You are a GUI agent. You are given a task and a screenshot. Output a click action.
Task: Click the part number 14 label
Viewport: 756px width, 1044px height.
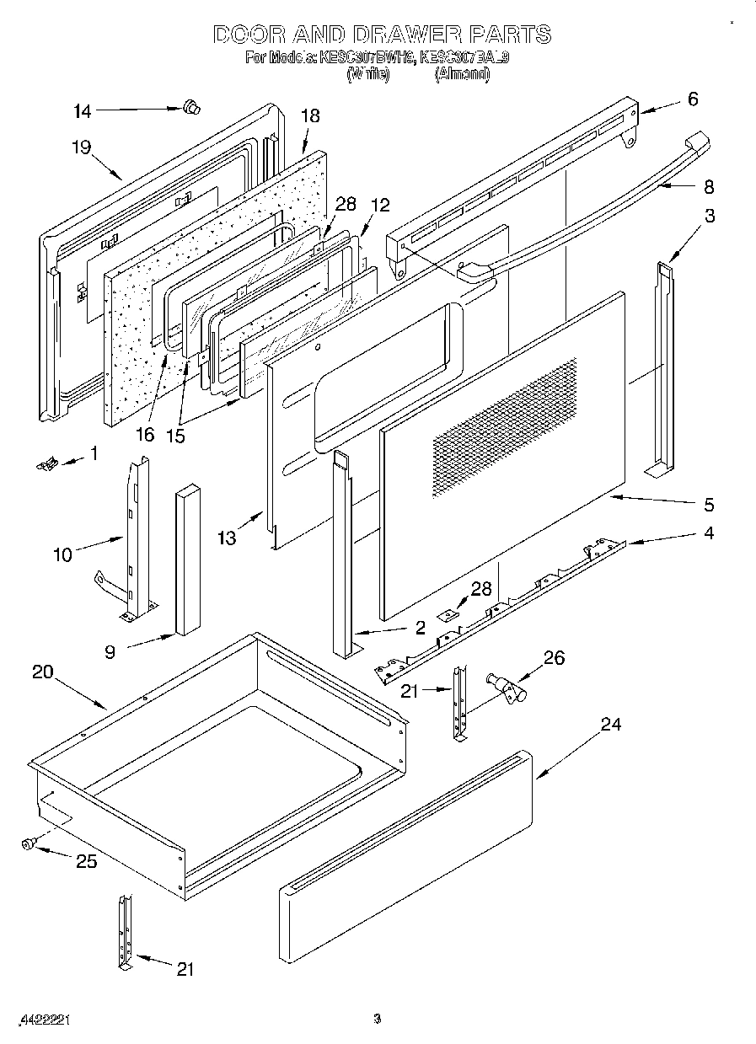(x=82, y=110)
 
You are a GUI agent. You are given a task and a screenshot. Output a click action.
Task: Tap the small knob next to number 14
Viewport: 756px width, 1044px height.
(x=191, y=106)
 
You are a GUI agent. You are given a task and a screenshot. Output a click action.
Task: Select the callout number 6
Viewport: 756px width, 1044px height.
(x=692, y=99)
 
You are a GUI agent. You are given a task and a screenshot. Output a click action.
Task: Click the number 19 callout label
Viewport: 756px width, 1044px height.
(x=81, y=147)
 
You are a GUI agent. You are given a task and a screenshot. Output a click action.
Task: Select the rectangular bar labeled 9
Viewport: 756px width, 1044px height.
(x=187, y=560)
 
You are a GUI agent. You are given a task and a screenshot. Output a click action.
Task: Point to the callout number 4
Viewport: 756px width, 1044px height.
(x=709, y=533)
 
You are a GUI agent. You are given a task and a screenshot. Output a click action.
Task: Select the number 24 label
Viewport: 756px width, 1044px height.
(x=610, y=724)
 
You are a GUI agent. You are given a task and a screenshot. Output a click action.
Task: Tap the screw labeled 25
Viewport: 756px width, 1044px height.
(x=29, y=843)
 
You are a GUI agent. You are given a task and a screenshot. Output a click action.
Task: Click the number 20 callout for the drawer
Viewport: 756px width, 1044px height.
(x=43, y=672)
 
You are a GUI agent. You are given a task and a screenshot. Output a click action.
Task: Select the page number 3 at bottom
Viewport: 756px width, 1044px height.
(x=378, y=1019)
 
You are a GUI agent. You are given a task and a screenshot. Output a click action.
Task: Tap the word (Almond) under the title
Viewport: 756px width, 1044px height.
(x=461, y=74)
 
